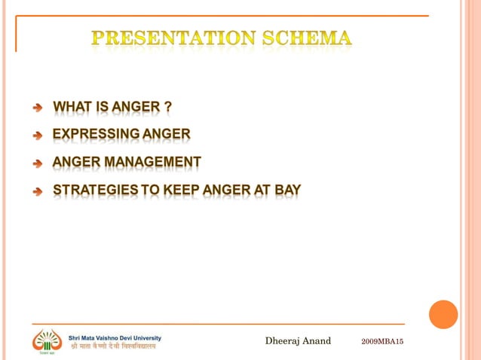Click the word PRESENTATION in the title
175,38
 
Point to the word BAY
288,190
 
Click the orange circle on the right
443,314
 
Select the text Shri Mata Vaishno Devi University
115,337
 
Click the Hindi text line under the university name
113,348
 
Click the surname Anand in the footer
317,341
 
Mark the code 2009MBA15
382,342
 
